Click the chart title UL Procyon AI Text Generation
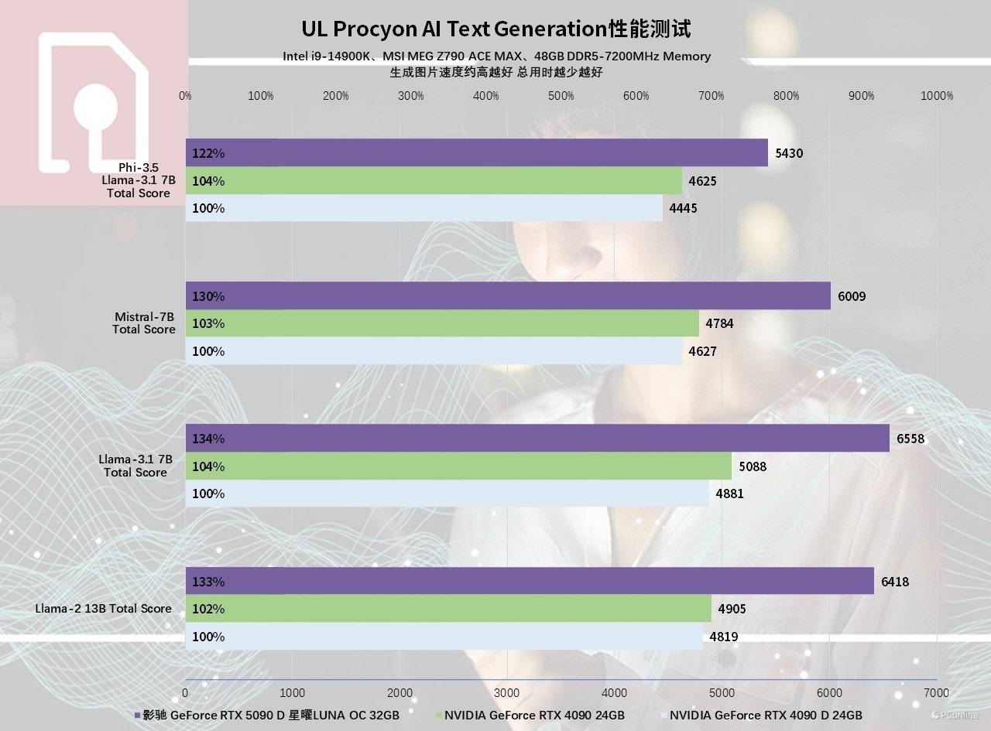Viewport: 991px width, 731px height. (495, 29)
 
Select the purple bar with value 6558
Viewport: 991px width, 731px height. (537, 439)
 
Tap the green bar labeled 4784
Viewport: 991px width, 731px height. (441, 323)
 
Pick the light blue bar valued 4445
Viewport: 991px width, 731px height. (423, 208)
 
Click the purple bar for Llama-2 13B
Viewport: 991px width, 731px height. (530, 581)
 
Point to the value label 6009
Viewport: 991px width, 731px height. (852, 296)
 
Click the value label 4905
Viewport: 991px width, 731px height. (732, 609)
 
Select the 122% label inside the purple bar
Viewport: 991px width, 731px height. (208, 153)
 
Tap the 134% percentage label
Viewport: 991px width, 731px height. (208, 439)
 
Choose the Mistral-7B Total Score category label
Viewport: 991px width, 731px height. (144, 323)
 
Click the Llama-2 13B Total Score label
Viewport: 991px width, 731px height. (103, 609)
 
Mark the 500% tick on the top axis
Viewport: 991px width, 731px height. (561, 96)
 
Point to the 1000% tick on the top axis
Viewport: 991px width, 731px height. (937, 96)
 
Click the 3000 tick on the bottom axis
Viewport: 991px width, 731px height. (506, 692)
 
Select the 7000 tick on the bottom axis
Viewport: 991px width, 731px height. (936, 692)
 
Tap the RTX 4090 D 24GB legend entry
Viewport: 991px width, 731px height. (765, 716)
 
